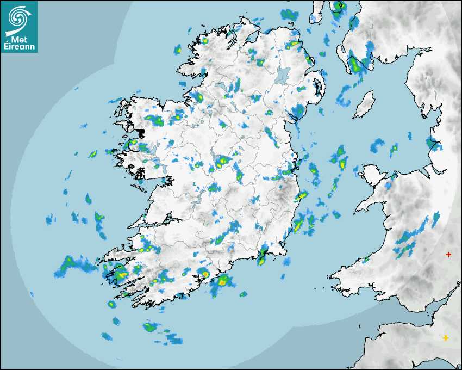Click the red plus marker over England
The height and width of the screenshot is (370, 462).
pos(448,254)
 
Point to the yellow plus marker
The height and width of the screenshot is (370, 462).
pos(446,338)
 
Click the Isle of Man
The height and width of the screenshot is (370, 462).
pos(364,104)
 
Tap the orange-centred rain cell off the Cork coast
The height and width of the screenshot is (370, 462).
pos(223,281)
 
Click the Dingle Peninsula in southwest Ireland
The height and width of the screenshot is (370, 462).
pos(117,254)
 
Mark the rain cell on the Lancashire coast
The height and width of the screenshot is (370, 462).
pos(435,144)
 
